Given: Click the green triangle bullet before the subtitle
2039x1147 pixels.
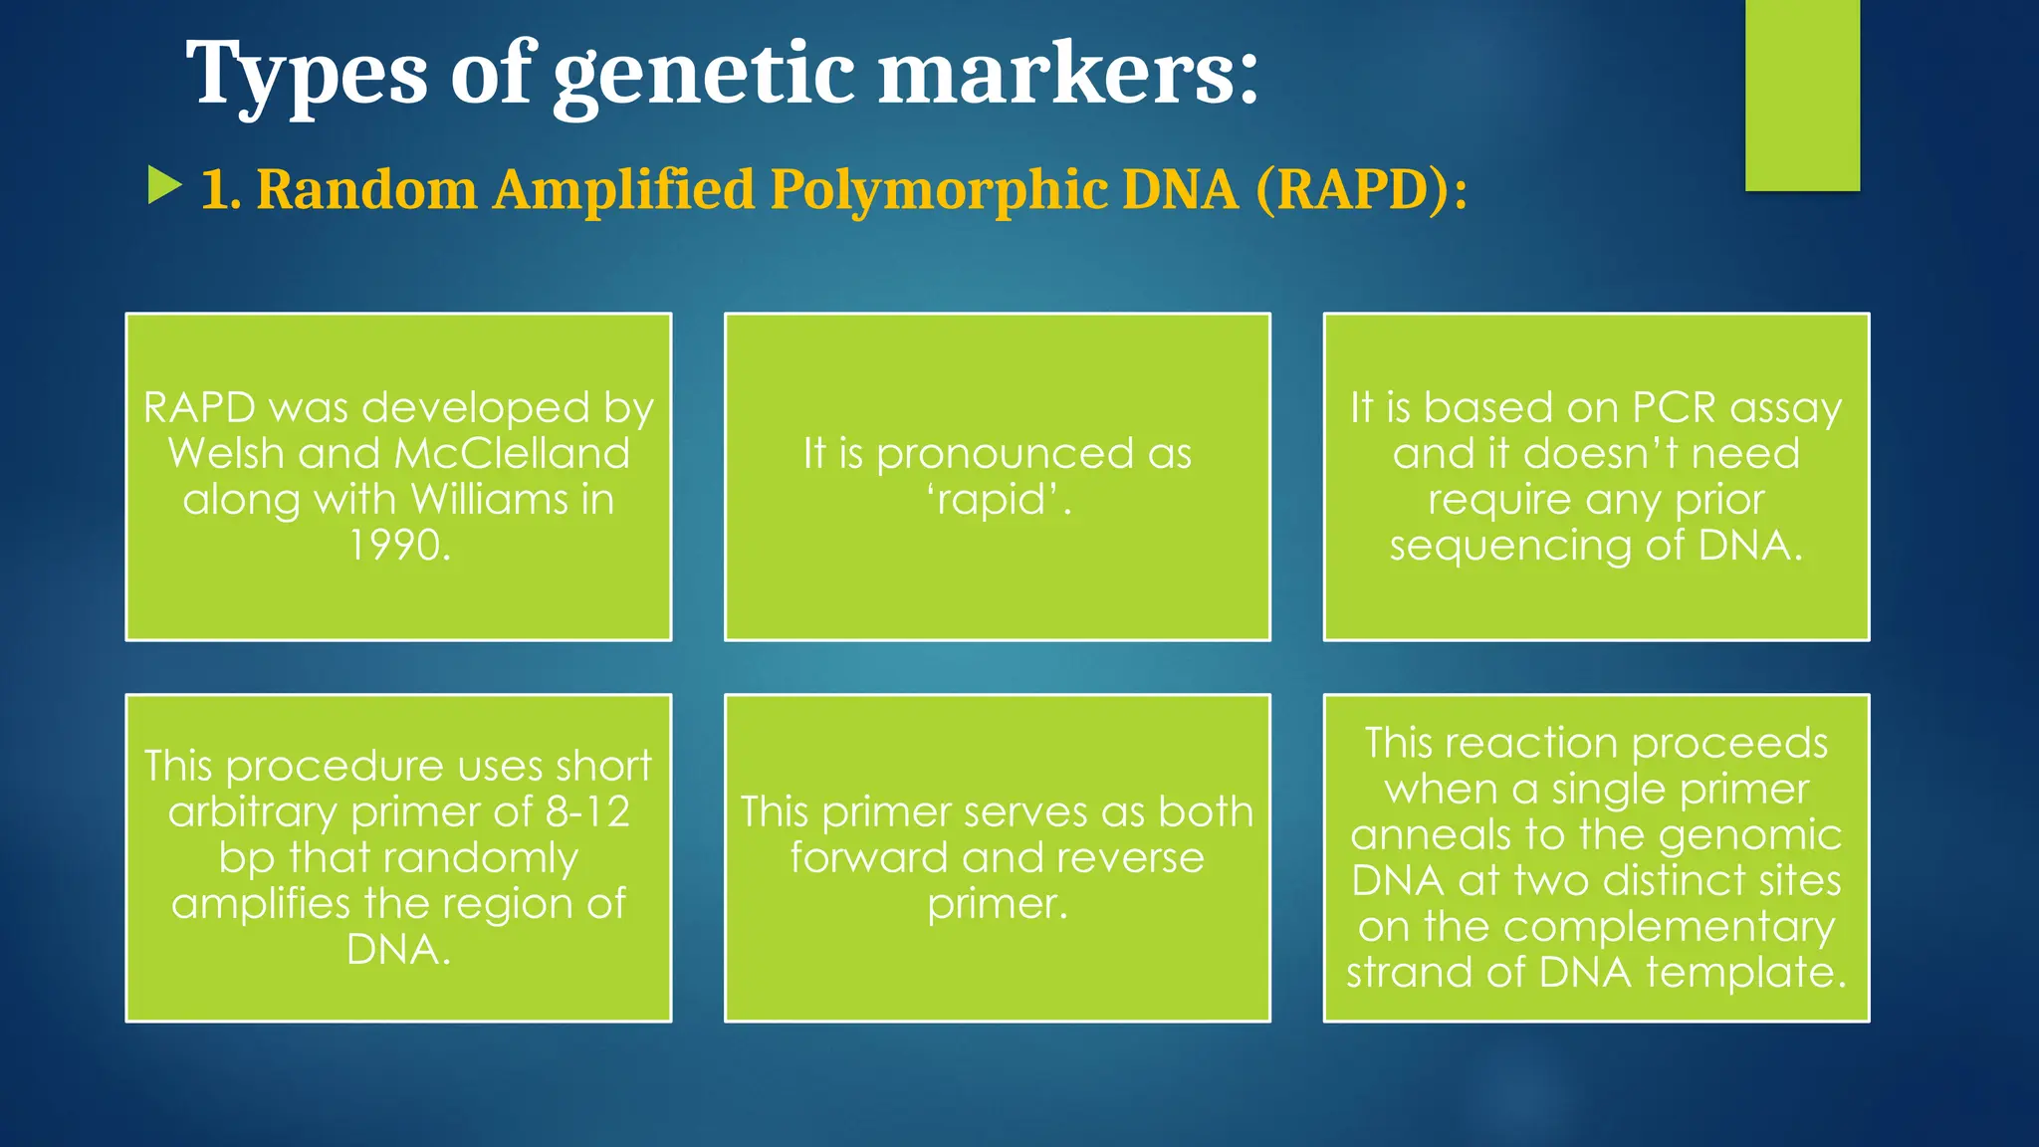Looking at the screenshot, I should point(164,186).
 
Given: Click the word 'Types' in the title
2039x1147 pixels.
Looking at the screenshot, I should point(306,75).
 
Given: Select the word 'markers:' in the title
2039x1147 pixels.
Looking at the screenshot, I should point(1067,75).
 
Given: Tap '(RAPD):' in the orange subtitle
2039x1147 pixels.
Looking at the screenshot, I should point(1361,189).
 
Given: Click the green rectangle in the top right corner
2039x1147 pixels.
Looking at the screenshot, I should point(1802,95).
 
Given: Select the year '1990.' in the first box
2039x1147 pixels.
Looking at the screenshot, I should point(399,545).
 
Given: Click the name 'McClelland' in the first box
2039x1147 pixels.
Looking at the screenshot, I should point(513,454).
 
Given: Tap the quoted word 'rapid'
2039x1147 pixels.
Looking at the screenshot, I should point(997,500).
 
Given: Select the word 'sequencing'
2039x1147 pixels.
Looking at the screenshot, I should point(1510,547).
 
